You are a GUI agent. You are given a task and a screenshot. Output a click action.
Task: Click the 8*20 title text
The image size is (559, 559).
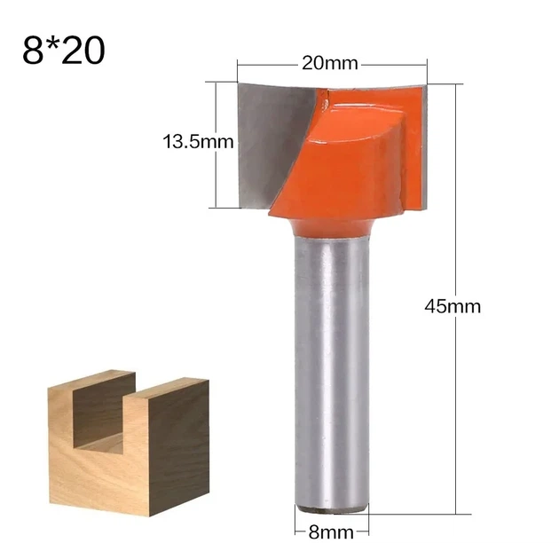(64, 51)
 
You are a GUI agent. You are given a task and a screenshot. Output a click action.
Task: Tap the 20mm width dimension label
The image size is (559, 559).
(330, 64)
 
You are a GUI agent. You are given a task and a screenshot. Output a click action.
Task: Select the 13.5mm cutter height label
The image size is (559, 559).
(198, 142)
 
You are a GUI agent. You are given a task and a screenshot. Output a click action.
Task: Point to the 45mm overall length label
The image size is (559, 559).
(453, 307)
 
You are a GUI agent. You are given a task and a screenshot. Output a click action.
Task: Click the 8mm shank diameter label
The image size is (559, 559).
(331, 532)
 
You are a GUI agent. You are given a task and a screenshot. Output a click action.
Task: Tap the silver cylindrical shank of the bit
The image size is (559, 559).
(331, 374)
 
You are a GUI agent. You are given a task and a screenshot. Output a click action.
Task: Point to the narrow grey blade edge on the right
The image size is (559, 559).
(424, 146)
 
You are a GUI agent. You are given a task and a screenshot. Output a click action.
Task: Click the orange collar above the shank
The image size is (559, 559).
(331, 228)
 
